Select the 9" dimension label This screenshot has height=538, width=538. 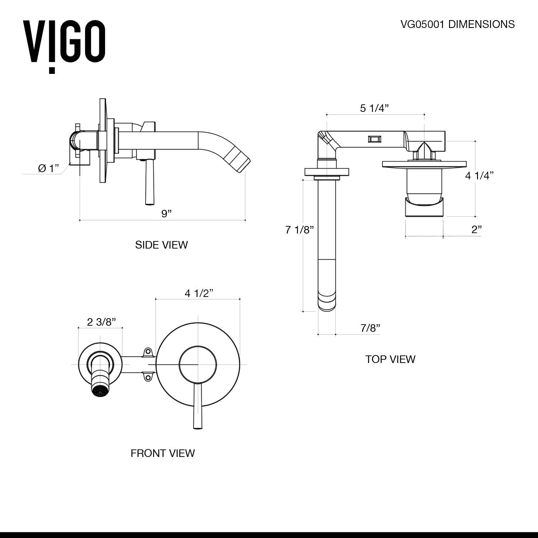tap(166, 213)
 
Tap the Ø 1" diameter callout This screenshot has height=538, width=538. tap(48, 168)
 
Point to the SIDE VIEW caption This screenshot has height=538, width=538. tap(161, 245)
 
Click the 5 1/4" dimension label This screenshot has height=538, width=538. tap(374, 108)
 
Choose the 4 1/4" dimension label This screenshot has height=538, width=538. tap(479, 175)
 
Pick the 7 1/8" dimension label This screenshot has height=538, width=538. tap(299, 230)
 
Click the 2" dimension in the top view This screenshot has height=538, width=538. tap(476, 230)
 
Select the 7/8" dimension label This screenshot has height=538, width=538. tap(370, 327)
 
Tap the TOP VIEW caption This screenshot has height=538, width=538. tap(390, 359)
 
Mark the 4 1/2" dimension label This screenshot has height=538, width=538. tap(199, 293)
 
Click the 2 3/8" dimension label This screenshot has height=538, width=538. tap(102, 322)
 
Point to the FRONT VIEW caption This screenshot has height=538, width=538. tap(162, 453)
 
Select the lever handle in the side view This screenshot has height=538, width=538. tap(147, 183)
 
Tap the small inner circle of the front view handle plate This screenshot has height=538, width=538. tap(198, 364)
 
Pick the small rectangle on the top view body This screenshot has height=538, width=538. tap(374, 139)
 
